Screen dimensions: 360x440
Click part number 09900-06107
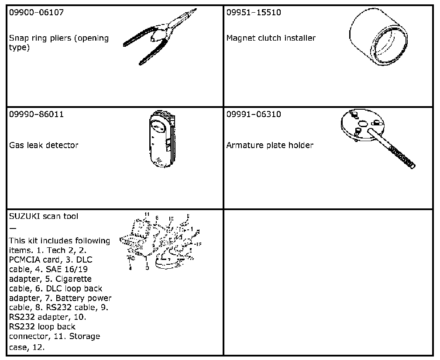coord(36,12)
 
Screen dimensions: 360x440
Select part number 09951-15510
coord(254,12)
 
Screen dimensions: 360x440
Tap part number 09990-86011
coord(36,114)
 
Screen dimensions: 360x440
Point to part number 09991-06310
coord(254,114)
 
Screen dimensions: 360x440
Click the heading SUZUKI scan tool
coord(44,216)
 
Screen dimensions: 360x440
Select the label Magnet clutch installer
coord(271,38)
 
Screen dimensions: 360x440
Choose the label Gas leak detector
coord(44,145)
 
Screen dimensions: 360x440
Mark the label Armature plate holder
coord(270,145)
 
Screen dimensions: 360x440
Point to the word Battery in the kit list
coord(81,298)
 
